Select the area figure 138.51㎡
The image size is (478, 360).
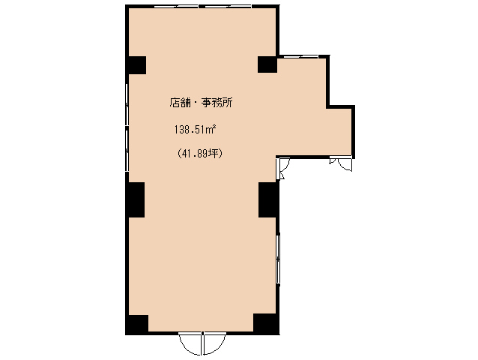(195, 129)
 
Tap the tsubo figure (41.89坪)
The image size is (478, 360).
(200, 153)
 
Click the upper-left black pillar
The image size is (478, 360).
(136, 64)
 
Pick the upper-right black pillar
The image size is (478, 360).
(267, 64)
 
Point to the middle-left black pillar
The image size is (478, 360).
(135, 199)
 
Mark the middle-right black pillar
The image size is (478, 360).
(268, 199)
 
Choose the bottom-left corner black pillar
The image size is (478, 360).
(136, 324)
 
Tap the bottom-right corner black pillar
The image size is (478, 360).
(266, 324)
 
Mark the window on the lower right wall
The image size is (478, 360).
(279, 259)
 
